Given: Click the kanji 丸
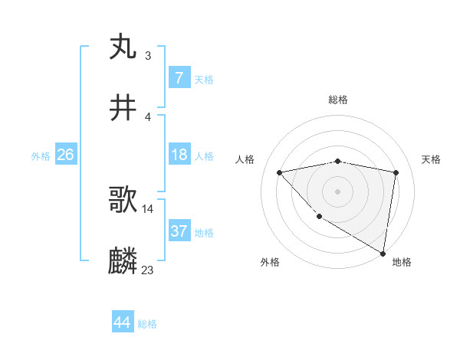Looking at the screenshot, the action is pos(123,47).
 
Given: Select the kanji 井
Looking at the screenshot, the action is pos(123,109).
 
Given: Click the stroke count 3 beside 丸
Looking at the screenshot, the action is pos(147,55).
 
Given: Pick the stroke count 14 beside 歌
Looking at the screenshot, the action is pos(148,208).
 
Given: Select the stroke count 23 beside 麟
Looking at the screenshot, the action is pos(148,270).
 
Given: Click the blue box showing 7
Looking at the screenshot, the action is pos(179,78).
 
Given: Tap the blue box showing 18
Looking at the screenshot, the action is pos(179,155).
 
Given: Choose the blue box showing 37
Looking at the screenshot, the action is pos(179,231).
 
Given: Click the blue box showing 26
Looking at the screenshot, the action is pos(65,155).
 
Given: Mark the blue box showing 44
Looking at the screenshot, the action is pos(122,323).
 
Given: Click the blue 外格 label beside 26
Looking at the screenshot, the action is pos(41,156).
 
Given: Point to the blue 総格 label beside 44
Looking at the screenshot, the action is pos(147,325).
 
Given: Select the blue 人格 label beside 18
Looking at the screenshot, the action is pos(204,156).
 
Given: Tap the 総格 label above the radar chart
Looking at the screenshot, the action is pos(338,100).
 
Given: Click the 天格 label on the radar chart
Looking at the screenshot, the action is pos(432,159).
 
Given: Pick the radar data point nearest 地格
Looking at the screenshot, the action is pos(383,254).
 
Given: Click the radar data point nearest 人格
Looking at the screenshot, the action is pos(280,172).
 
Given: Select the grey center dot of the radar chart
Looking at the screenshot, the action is pos(338,191).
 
